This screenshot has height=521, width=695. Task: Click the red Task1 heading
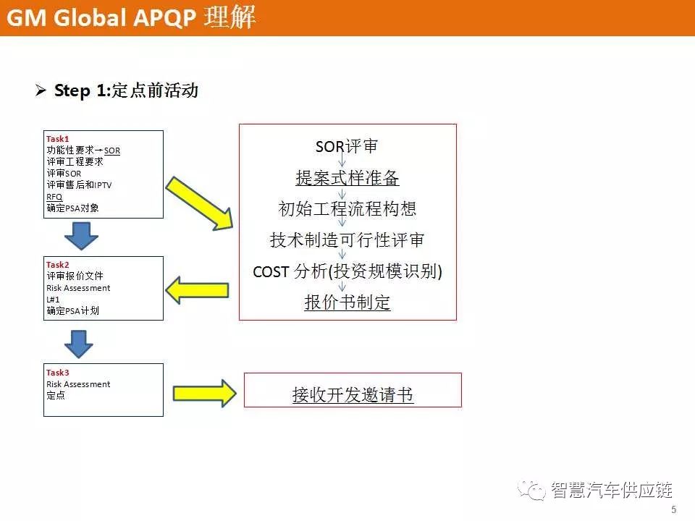tap(58, 139)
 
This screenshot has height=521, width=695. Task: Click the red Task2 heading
tap(58, 265)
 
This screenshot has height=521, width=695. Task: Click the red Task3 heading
tap(58, 373)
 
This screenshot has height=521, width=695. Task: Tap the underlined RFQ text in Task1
tap(54, 197)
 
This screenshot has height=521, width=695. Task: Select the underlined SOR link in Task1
tap(112, 151)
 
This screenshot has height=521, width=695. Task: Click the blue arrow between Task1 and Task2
tap(81, 236)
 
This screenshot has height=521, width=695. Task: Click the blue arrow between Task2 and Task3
tap(79, 344)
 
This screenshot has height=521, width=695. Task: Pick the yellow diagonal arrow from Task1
tap(200, 203)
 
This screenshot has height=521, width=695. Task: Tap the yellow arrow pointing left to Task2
tap(197, 290)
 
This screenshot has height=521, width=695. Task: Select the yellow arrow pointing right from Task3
tap(204, 393)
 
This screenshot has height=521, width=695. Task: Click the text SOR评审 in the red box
tap(347, 146)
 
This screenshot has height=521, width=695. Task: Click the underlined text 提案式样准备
tap(347, 178)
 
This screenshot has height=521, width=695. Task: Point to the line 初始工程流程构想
tap(347, 208)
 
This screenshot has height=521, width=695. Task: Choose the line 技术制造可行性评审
tap(347, 240)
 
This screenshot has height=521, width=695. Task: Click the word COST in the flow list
tap(271, 271)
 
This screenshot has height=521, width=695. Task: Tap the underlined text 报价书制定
tap(347, 302)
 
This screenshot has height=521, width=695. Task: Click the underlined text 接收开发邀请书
tap(353, 394)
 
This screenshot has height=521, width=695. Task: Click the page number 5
tap(674, 509)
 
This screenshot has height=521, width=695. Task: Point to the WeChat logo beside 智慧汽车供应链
tap(531, 490)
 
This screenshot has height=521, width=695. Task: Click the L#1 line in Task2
tap(53, 300)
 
